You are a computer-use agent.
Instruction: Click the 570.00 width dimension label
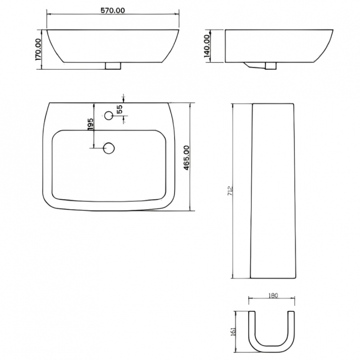(114, 11)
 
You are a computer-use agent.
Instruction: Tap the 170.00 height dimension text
(38, 50)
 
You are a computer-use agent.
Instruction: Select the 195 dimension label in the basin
(90, 125)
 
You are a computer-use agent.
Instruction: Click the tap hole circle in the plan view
(109, 115)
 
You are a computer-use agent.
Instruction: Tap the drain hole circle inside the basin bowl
(109, 148)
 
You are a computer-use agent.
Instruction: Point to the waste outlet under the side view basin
(270, 66)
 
